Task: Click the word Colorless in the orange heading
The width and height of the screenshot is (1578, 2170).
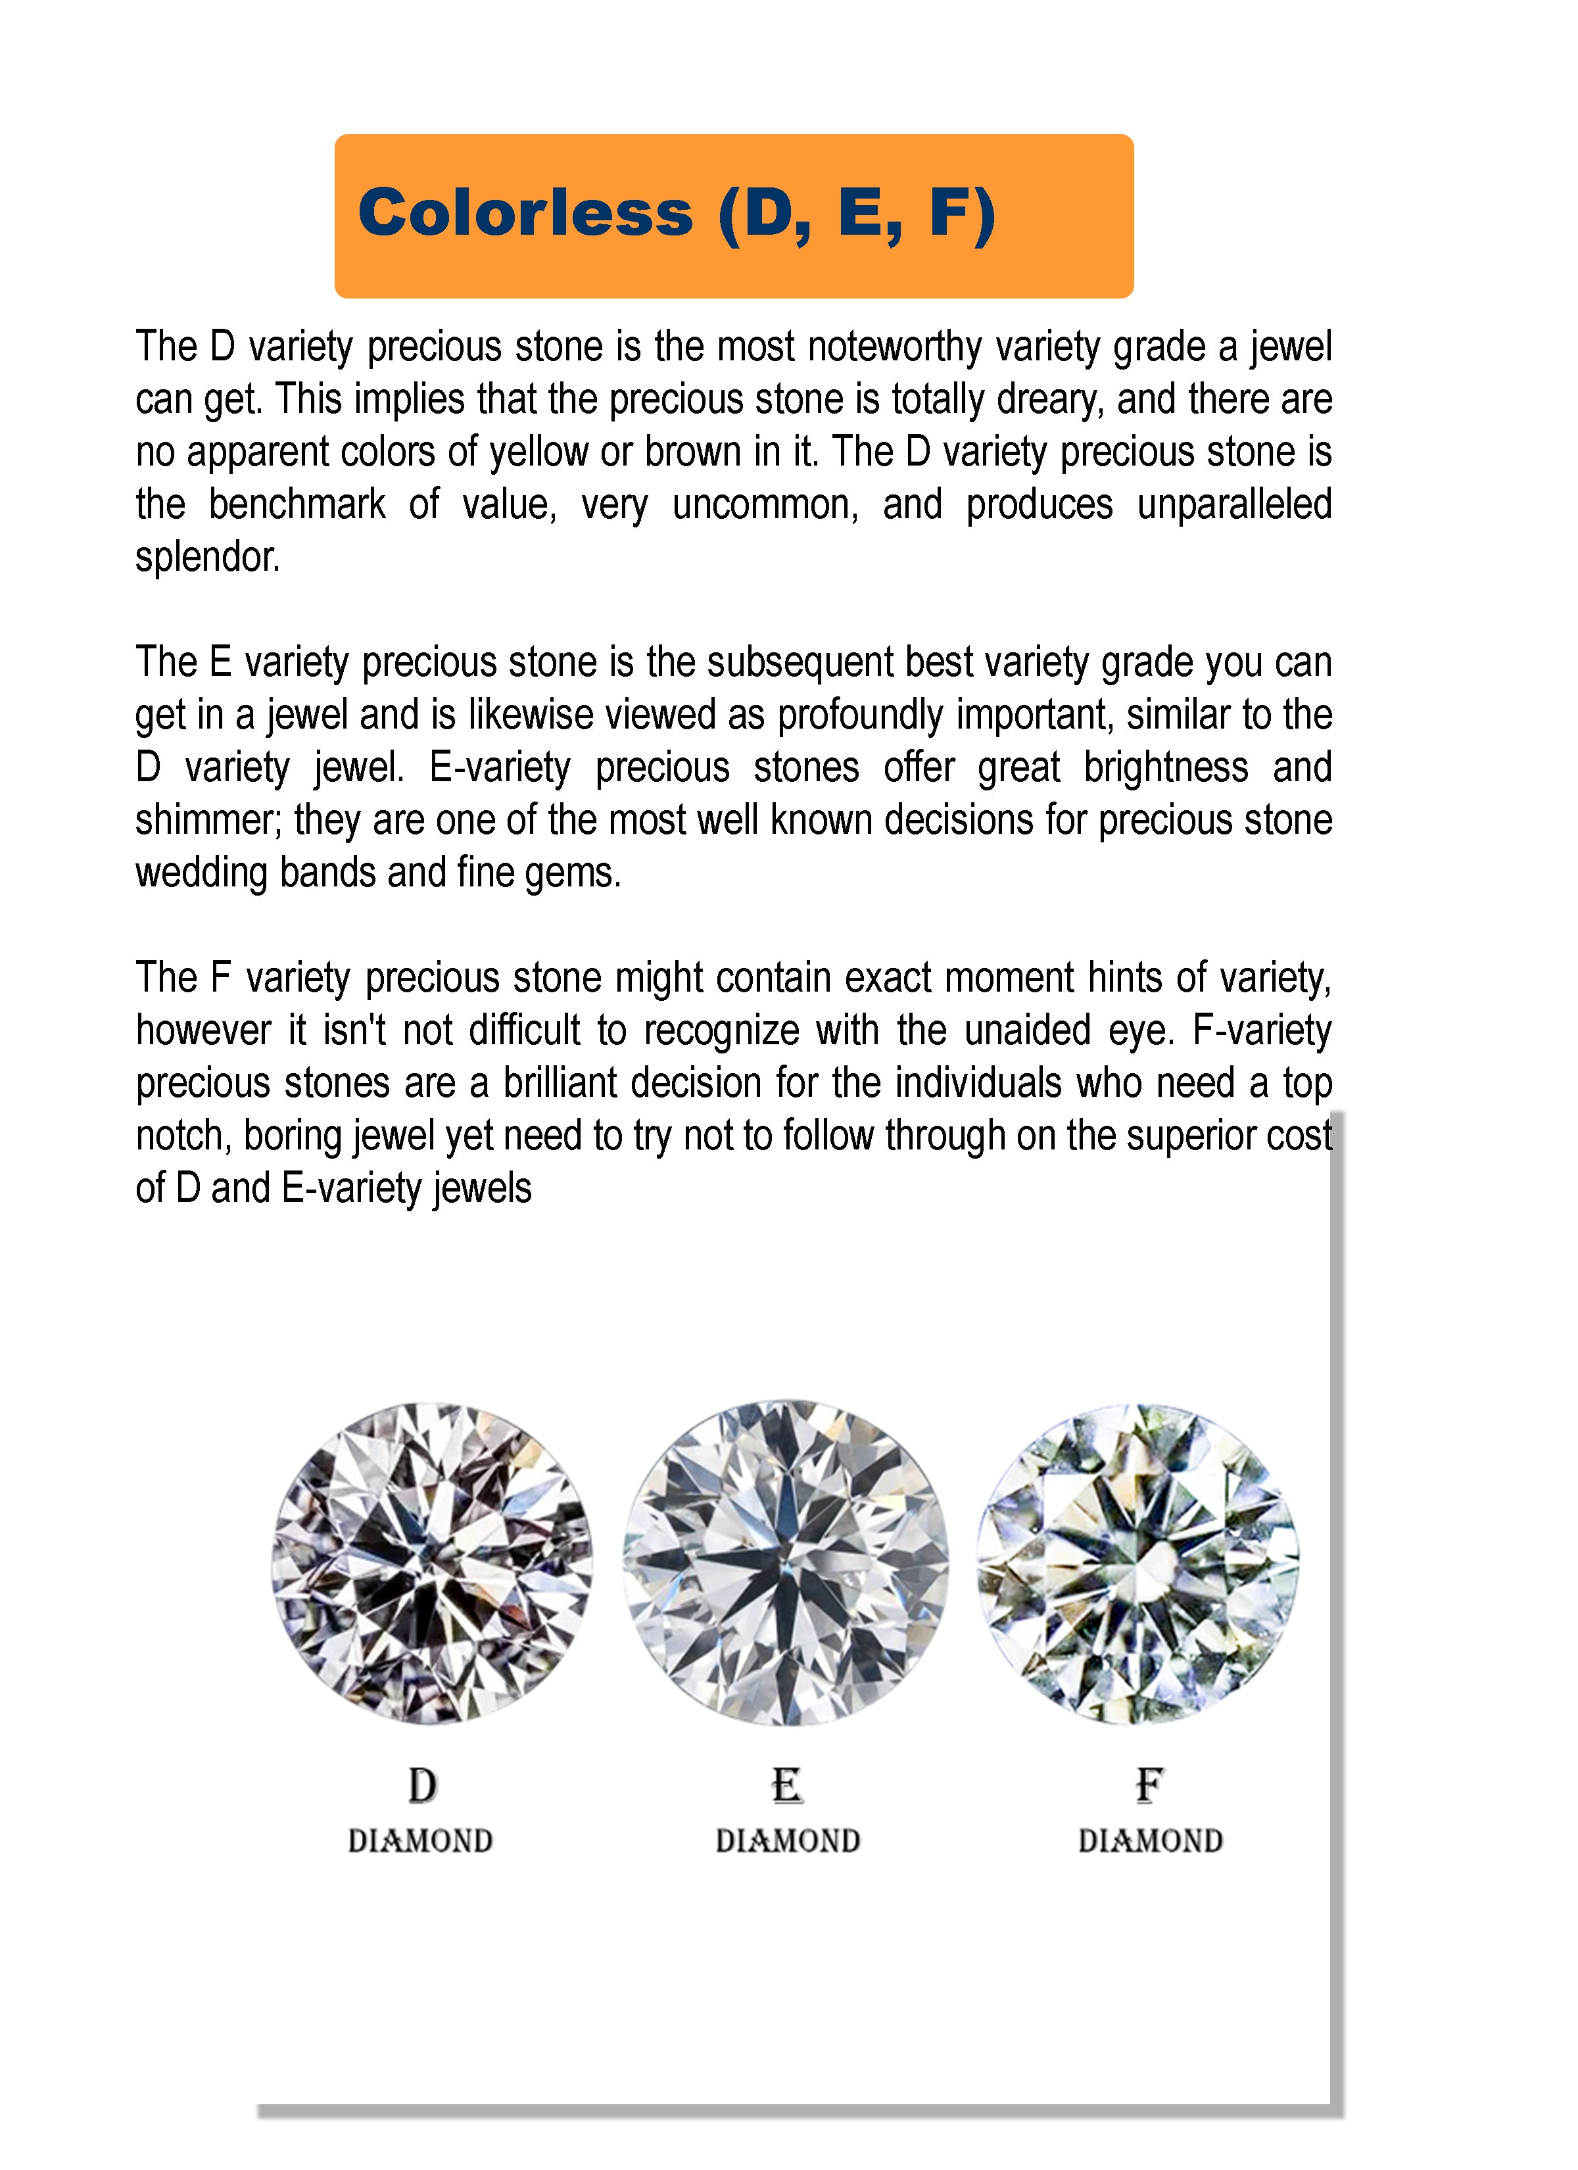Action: coord(525,212)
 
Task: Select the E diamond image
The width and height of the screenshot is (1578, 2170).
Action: coord(786,1564)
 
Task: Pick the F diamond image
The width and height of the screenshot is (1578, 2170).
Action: coord(1138,1564)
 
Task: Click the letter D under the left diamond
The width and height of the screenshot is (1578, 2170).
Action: coord(422,1785)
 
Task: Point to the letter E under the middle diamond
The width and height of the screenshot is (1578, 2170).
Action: coord(786,1785)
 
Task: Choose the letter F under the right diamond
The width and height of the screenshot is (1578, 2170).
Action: coord(1149,1785)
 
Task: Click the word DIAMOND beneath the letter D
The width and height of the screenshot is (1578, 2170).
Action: coord(420,1842)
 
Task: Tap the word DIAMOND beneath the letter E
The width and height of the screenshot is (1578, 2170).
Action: coord(788,1842)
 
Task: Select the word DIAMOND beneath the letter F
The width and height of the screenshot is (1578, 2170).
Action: coord(1150,1842)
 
